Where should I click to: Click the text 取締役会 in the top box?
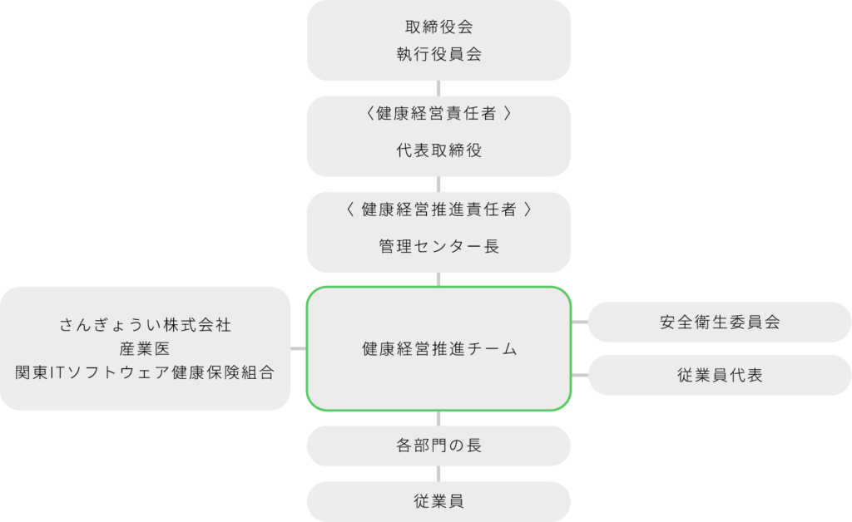(x=438, y=27)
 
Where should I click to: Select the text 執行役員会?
(x=438, y=54)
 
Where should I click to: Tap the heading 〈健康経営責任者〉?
(x=438, y=113)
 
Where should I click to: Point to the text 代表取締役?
(x=438, y=150)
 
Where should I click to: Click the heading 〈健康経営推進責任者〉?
(x=438, y=209)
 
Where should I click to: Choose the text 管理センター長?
(x=438, y=246)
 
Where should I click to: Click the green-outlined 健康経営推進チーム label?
(x=439, y=348)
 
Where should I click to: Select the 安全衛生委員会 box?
(x=720, y=322)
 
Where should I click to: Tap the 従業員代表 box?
(x=720, y=375)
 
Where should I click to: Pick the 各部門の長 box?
(x=438, y=446)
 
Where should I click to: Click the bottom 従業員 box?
(x=438, y=501)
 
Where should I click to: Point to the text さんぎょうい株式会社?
(x=145, y=324)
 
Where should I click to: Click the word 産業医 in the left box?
(x=145, y=348)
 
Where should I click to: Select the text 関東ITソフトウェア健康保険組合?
(x=145, y=372)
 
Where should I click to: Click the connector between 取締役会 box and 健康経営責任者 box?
(x=438, y=88)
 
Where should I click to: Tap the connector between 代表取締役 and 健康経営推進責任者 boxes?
(x=438, y=185)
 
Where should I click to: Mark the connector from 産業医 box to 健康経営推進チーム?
(x=299, y=348)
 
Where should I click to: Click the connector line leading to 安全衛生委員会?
(x=580, y=322)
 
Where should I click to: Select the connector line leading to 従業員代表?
(x=580, y=375)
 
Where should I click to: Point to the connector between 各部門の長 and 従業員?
(x=438, y=474)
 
